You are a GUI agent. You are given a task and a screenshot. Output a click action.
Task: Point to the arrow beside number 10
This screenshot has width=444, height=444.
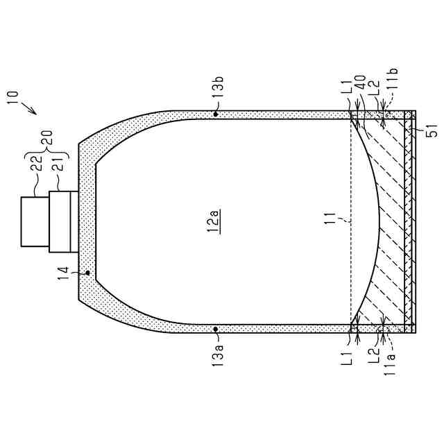(30, 108)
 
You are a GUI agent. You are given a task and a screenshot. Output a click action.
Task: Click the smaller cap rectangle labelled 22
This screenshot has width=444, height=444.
(35, 221)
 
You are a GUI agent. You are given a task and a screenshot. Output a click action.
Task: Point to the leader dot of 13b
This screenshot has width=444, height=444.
(217, 114)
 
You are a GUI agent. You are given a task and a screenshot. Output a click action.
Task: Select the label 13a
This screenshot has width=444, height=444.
(217, 354)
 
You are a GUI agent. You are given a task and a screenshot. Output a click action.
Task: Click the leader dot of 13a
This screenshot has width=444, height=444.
(217, 329)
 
